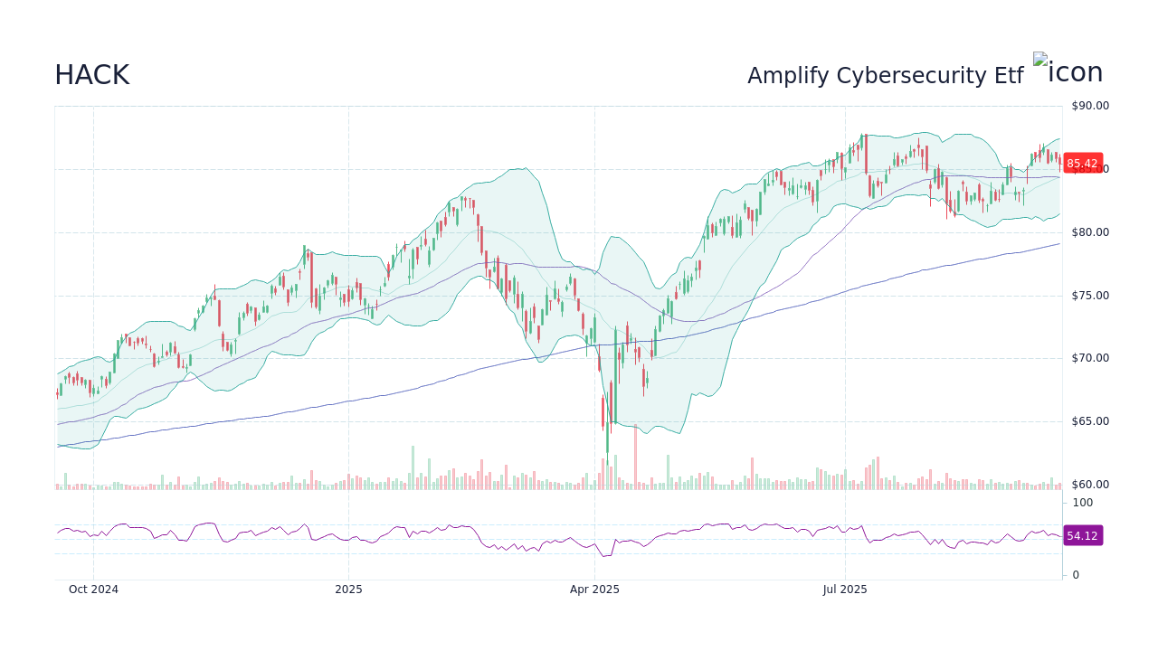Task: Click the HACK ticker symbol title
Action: (91, 75)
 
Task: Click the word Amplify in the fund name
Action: (788, 76)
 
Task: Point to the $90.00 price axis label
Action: (1089, 106)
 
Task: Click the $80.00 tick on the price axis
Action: (1089, 232)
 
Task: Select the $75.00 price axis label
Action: (1089, 296)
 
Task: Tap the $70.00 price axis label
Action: (1089, 358)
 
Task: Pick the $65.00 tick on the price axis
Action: (1089, 421)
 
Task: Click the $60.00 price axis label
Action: (1089, 485)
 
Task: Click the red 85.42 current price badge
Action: (1082, 164)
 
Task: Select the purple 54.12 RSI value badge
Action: (1082, 536)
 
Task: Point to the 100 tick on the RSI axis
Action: (1083, 503)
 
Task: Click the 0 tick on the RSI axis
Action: (1076, 575)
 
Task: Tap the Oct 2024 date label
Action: (93, 590)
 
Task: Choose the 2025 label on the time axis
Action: (348, 590)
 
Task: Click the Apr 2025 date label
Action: (594, 590)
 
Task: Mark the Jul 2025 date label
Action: (845, 590)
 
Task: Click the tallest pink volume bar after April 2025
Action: (635, 457)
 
